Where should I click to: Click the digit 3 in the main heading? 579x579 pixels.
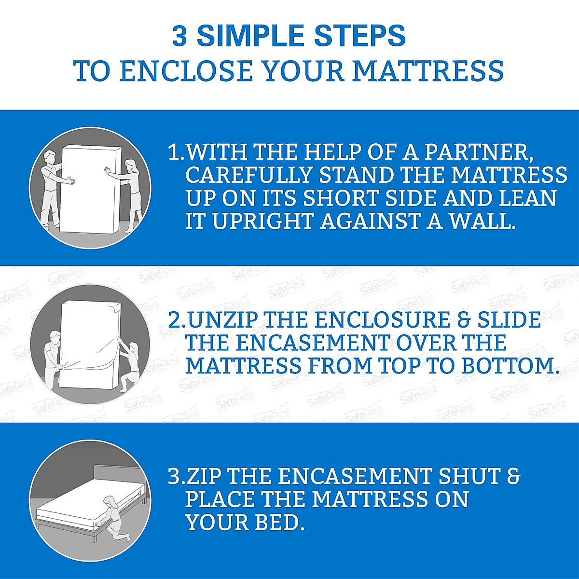tap(179, 37)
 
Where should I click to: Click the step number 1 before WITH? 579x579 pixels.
tap(173, 152)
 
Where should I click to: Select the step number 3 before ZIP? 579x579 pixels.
tap(173, 477)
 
